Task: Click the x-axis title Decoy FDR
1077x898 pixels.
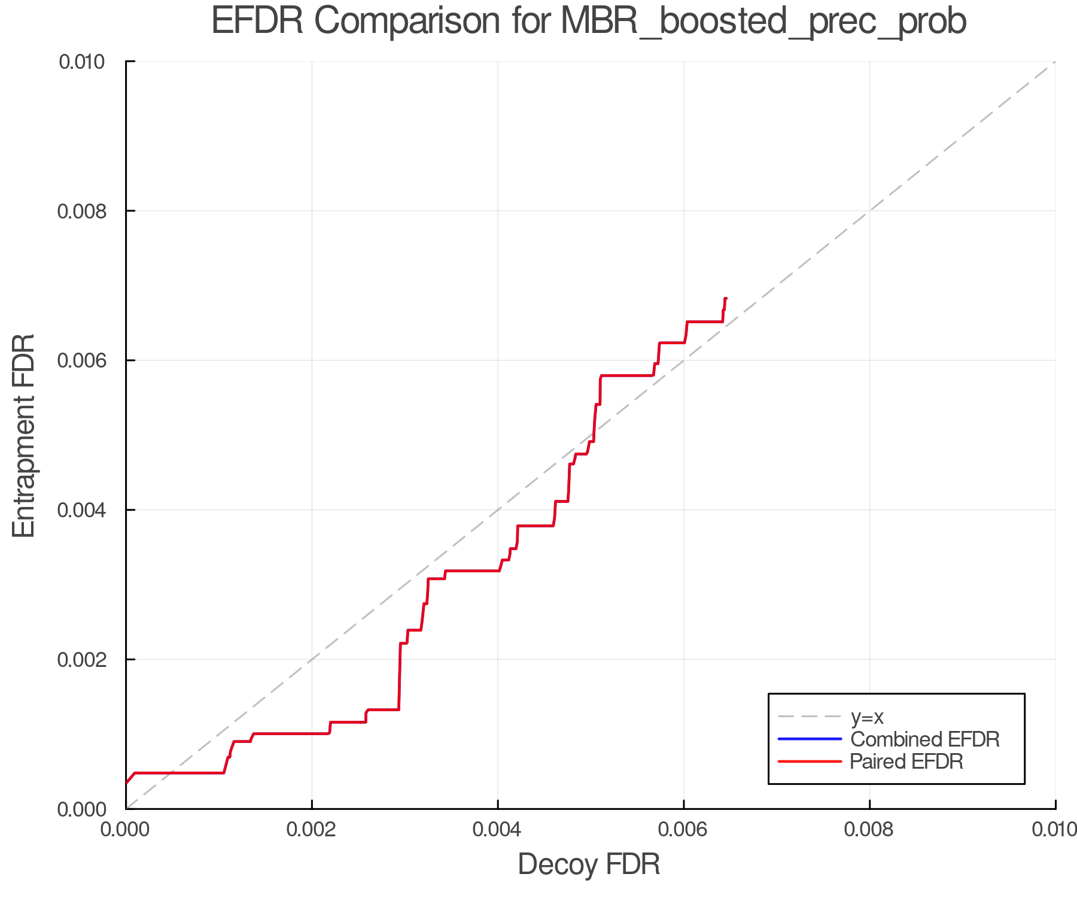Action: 589,864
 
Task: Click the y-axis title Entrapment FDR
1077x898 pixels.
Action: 24,436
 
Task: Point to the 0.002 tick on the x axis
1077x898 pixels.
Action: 312,829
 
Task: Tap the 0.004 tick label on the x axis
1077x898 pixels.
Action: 498,829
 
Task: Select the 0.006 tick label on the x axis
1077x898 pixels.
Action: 683,829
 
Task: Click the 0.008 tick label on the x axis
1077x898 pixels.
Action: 869,829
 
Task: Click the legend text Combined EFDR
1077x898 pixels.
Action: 925,739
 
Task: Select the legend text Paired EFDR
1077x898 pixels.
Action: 906,762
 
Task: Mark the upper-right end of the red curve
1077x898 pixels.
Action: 726,298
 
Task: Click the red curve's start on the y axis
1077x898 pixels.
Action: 126,782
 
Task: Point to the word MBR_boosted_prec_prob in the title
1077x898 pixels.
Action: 763,22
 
